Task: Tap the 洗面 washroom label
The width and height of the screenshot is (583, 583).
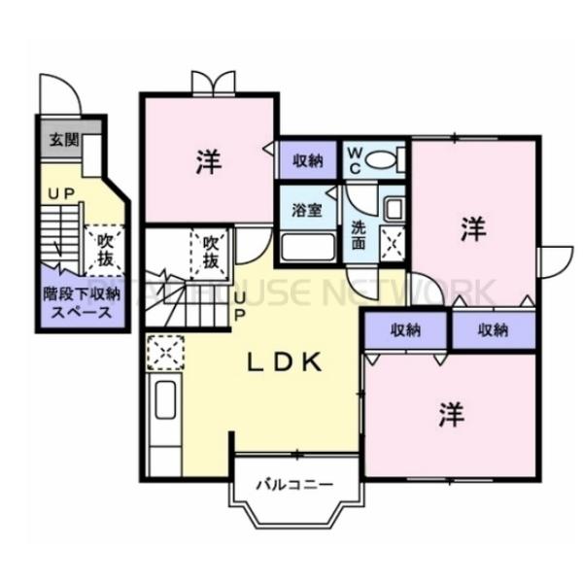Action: (359, 237)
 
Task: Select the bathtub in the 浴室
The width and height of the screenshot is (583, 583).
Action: (308, 247)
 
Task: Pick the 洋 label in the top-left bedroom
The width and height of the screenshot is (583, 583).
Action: (208, 162)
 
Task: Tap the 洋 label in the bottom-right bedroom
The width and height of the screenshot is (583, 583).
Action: (451, 416)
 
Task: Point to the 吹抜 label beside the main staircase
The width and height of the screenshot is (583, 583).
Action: (210, 252)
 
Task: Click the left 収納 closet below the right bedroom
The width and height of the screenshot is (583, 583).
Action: (406, 329)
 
